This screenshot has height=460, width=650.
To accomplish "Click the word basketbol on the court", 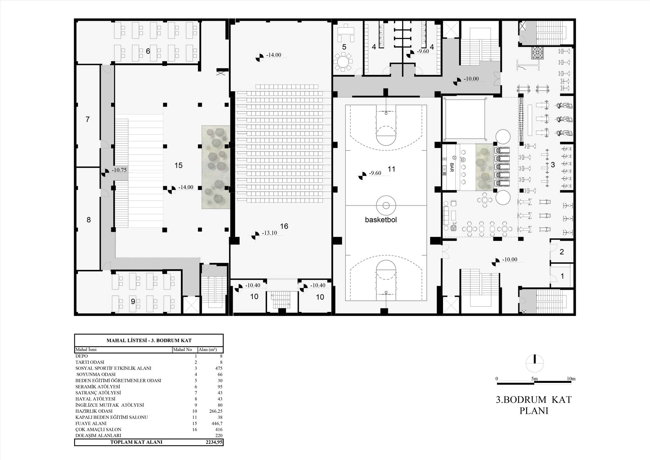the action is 381,220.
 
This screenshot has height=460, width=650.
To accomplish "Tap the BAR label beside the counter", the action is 452,167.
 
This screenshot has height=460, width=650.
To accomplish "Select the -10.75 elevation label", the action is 119,170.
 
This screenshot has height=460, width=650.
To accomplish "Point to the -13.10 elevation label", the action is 269,233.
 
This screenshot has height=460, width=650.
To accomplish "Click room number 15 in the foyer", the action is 178,165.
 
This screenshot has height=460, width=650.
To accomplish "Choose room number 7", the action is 87,119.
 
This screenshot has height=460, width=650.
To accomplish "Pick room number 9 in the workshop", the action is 133,302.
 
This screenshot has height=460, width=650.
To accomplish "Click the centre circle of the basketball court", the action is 386,206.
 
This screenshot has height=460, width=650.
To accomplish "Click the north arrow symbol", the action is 535,363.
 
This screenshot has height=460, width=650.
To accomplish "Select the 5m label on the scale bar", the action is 534,379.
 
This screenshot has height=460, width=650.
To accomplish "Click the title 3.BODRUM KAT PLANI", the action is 534,405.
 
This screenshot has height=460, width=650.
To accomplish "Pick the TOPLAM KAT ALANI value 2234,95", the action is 214,442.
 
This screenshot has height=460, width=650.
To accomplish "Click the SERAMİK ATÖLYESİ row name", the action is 98,387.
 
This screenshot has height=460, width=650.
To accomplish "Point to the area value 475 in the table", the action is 219,368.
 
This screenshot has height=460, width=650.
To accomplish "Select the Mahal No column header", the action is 183,350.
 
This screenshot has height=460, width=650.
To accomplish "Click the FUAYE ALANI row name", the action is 91,424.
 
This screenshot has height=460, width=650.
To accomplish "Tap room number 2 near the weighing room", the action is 562,252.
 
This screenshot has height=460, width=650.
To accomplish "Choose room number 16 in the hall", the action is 284,226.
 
